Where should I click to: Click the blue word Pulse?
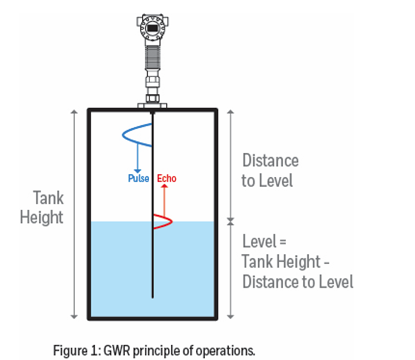(x=138, y=178)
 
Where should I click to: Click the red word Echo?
(x=167, y=178)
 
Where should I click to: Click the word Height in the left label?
(x=42, y=218)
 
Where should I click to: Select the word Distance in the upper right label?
(x=270, y=161)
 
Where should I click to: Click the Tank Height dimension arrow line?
(x=74, y=215)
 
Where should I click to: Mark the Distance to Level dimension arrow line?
(x=231, y=165)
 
